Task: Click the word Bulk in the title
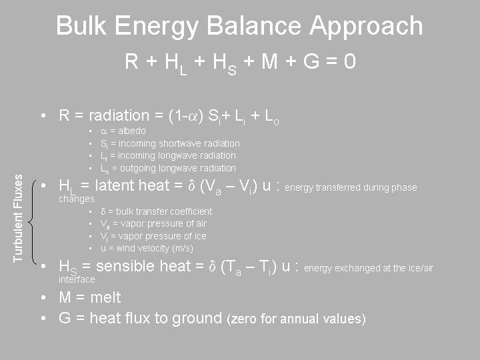81,26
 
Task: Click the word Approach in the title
367,27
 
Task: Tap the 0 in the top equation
349,61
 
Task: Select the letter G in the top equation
311,61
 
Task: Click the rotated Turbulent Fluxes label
19,218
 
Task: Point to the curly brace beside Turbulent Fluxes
32,222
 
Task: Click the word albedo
132,131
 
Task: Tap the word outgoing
138,169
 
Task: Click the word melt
105,297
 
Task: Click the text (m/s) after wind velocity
183,248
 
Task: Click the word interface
77,279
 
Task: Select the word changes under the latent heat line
77,199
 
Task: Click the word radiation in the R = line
119,116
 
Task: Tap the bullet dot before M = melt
43,297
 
